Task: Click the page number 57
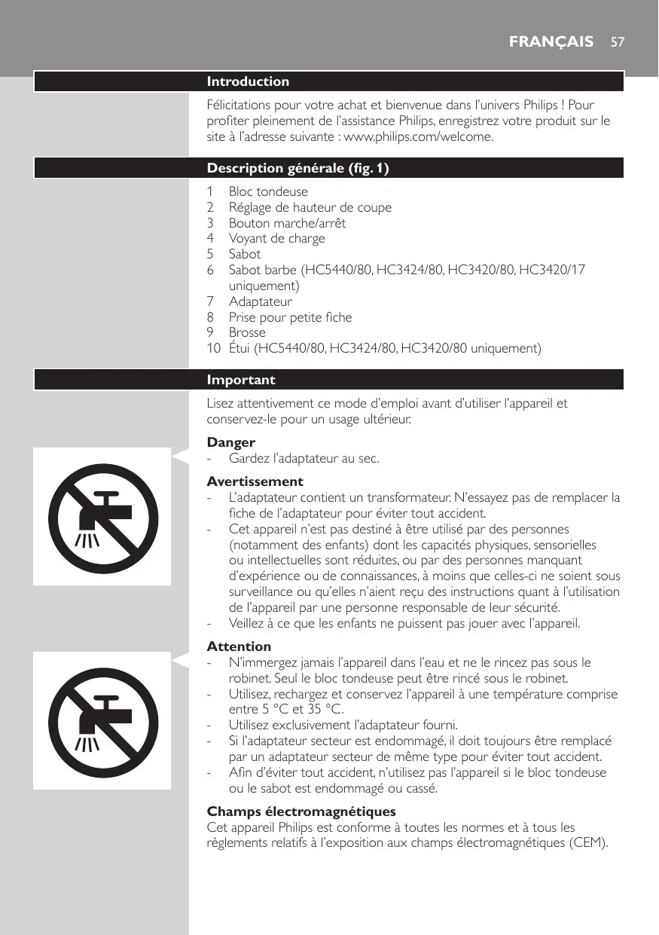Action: (x=617, y=41)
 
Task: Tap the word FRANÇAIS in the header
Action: (x=551, y=41)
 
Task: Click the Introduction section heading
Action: (x=248, y=81)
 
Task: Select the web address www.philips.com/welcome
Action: (x=429, y=137)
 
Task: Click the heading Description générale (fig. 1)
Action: (x=297, y=168)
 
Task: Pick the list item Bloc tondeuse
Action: (x=268, y=191)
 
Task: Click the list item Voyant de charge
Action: (x=276, y=239)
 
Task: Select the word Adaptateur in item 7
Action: (x=261, y=301)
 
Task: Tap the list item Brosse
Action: (x=247, y=332)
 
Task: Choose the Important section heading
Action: (x=241, y=380)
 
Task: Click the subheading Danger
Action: (x=231, y=442)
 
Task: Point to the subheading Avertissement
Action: (x=255, y=481)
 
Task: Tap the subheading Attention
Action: (x=239, y=646)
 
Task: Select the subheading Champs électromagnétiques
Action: (x=301, y=811)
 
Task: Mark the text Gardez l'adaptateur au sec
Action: (x=304, y=458)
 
